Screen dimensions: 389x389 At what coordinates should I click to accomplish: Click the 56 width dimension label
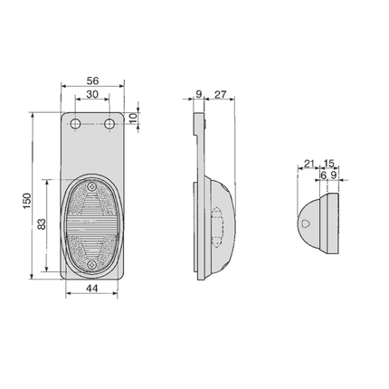coord(92,81)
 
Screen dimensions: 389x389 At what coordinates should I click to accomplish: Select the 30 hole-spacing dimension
coord(92,94)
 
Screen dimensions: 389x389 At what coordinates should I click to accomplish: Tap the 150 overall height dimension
coord(27,201)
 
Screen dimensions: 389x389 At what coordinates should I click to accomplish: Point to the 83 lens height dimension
coord(42,223)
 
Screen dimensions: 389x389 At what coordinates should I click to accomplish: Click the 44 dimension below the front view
coord(92,289)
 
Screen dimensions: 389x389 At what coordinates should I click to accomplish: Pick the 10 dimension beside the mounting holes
coord(134,118)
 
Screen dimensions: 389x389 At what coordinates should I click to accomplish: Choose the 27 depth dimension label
coord(221,94)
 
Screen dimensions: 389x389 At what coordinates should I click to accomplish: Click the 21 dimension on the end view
coord(308,164)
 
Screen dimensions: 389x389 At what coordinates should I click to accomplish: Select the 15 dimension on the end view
coord(328,164)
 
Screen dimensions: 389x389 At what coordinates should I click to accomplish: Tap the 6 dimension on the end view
coord(323,176)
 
